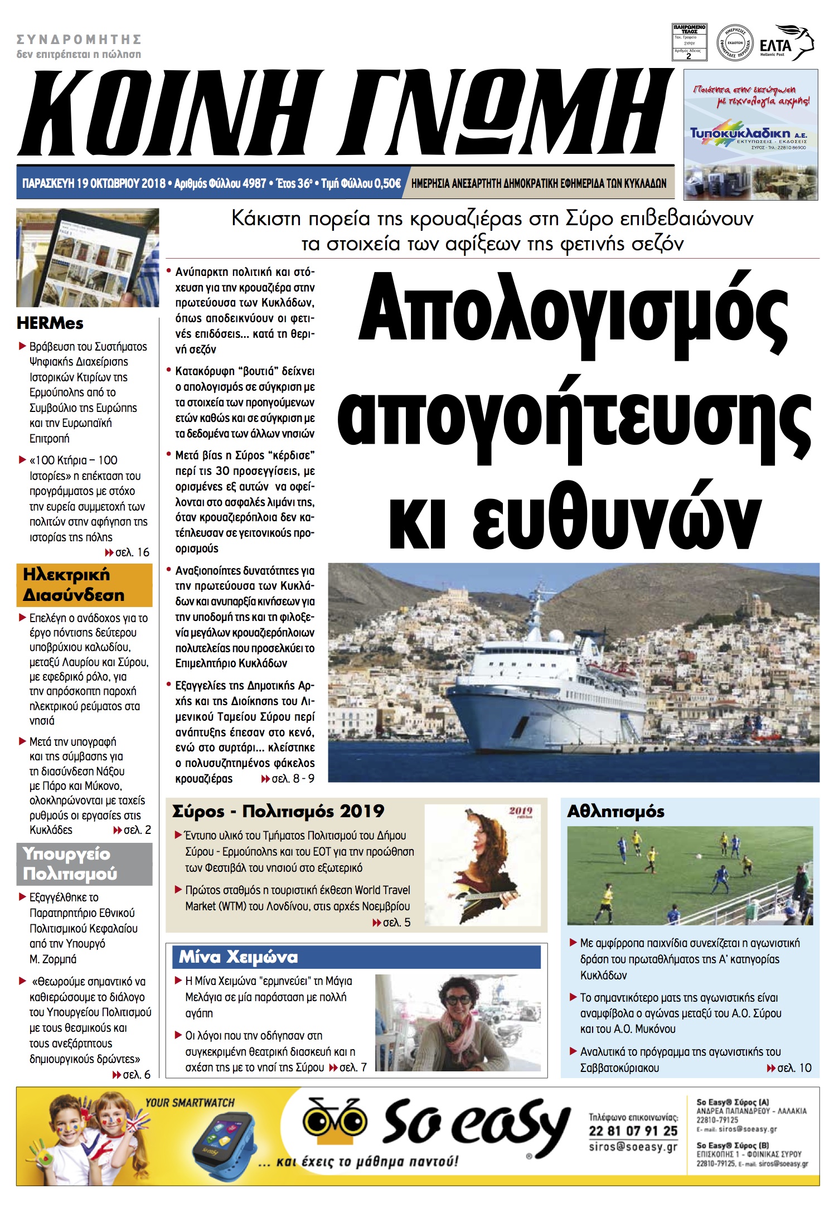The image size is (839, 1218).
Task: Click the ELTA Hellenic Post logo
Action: (x=786, y=43)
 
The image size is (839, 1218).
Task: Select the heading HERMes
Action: (x=50, y=323)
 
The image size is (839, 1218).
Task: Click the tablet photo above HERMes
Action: (x=88, y=258)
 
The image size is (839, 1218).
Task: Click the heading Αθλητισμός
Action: (x=615, y=812)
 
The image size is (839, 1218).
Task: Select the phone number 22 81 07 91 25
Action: (x=633, y=1131)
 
